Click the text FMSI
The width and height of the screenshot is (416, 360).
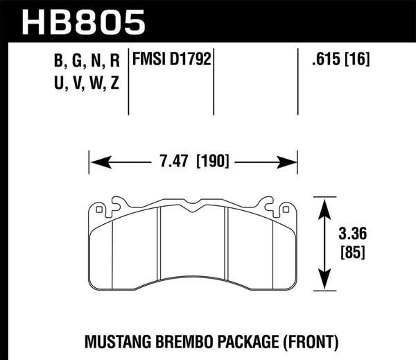click(150, 60)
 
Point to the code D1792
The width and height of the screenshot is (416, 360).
click(190, 60)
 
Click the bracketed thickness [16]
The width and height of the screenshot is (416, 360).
click(356, 60)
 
